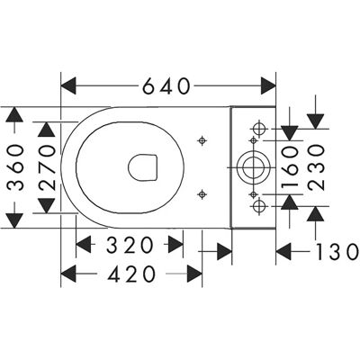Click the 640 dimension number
click(x=166, y=86)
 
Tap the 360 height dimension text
click(x=15, y=167)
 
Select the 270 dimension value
click(x=48, y=167)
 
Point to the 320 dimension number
click(x=130, y=245)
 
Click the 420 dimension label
click(x=132, y=274)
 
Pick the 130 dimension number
click(x=337, y=251)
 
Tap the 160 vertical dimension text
click(x=290, y=167)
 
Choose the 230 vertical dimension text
click(x=316, y=167)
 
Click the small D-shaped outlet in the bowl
click(x=142, y=167)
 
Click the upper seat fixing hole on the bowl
click(x=202, y=140)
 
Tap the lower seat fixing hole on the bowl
click(x=202, y=194)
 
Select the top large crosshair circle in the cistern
click(x=258, y=129)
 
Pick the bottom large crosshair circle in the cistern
click(x=258, y=206)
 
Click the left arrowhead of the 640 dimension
click(x=68, y=86)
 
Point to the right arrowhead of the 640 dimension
click(x=268, y=86)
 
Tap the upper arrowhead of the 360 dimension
click(x=14, y=114)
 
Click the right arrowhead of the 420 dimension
click(x=194, y=274)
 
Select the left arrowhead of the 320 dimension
click(x=84, y=245)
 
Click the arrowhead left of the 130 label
click(x=283, y=251)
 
